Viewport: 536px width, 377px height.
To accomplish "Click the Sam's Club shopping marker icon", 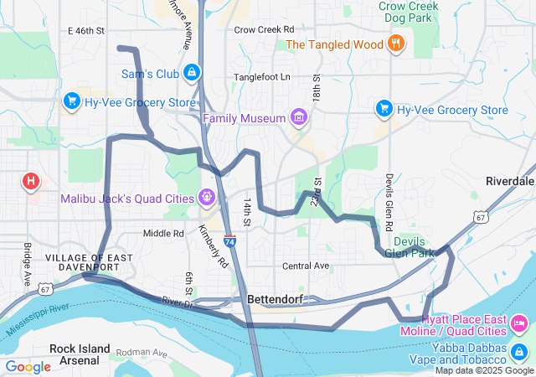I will tap(193, 74).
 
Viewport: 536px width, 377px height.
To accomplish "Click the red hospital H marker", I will tap(31, 180).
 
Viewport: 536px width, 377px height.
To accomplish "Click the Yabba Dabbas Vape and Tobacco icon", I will tap(519, 350).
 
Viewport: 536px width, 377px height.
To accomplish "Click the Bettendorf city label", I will tap(275, 299).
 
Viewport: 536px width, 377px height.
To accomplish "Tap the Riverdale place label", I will tap(509, 182).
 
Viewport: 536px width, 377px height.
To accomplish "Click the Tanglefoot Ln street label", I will tap(262, 77).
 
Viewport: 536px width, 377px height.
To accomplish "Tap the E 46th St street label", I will tap(86, 30).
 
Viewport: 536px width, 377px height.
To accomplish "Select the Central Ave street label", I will tap(305, 266).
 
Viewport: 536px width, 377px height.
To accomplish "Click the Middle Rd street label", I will tap(162, 234).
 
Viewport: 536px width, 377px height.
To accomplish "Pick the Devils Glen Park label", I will tap(410, 247).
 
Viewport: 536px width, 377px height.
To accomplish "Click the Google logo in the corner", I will tap(28, 366).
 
